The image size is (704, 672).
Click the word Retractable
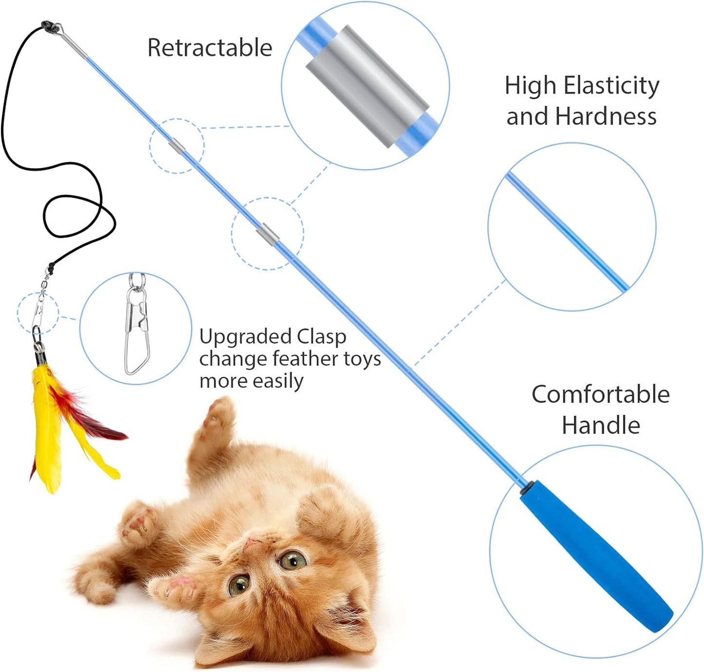(x=209, y=48)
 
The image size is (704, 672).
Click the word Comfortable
(x=601, y=395)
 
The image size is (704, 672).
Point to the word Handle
(x=601, y=425)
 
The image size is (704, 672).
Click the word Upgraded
(x=245, y=338)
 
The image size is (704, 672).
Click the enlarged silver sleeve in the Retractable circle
(x=367, y=86)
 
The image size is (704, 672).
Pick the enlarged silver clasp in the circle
(x=137, y=324)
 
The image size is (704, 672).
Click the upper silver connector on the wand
(x=177, y=146)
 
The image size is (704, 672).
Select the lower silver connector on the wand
(x=267, y=235)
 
